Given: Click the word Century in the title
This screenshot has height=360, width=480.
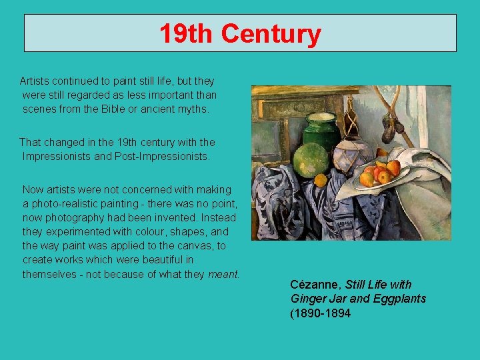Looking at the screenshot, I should (x=271, y=33).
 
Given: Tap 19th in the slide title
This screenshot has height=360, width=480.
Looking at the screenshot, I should (x=187, y=33).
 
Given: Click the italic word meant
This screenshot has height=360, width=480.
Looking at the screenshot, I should (x=223, y=274).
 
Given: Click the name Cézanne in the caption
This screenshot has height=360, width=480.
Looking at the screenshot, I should (x=315, y=285).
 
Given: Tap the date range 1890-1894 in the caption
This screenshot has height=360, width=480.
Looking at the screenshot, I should (x=323, y=313).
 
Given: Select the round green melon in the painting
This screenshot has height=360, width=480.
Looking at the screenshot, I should (x=312, y=160).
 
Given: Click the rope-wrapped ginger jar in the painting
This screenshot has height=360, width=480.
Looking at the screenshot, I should (x=351, y=155).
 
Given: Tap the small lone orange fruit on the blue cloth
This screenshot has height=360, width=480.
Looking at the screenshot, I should (x=321, y=180).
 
